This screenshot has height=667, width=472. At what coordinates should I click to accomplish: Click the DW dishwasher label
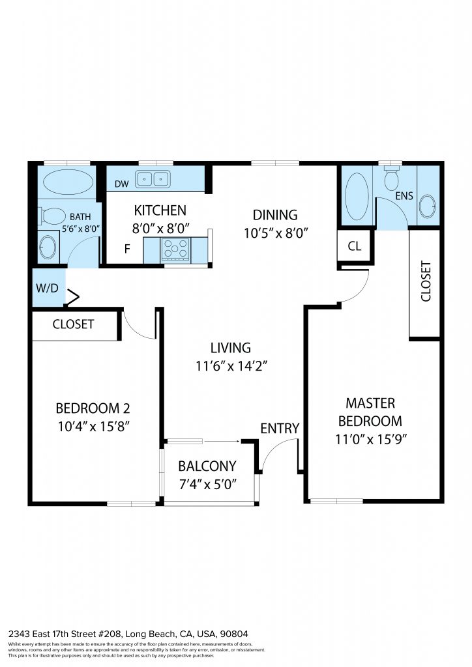(x=122, y=184)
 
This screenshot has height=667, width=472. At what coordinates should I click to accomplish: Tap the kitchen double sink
(x=153, y=179)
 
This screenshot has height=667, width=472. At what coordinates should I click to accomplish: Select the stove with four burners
(x=176, y=249)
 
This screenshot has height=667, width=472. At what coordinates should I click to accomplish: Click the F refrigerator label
(x=127, y=249)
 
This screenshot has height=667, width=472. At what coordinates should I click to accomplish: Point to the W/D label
(x=47, y=288)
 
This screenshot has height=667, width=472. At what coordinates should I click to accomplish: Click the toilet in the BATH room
(x=51, y=216)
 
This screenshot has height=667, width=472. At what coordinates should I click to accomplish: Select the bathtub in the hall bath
(x=68, y=182)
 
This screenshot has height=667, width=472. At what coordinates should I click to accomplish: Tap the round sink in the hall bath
(x=48, y=247)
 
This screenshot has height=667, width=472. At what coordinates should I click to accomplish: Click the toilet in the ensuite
(x=392, y=178)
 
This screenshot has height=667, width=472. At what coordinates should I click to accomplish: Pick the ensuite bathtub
(x=357, y=197)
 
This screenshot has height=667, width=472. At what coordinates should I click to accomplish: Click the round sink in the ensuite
(x=428, y=206)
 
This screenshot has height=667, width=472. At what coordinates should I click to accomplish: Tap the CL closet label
(x=355, y=246)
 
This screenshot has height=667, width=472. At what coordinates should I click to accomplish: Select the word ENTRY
(x=280, y=429)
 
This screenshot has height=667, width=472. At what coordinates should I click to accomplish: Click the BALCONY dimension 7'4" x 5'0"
(x=208, y=485)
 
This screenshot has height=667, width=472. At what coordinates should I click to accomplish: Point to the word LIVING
(x=231, y=348)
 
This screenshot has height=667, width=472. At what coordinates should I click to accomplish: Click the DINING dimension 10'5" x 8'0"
(x=276, y=233)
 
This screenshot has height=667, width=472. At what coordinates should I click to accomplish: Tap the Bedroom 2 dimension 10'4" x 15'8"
(x=94, y=426)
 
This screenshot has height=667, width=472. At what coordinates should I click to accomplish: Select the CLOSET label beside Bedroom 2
(x=73, y=324)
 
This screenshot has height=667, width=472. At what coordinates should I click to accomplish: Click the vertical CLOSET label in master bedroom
(x=426, y=281)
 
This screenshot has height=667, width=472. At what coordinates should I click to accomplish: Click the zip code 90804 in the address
(x=233, y=634)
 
